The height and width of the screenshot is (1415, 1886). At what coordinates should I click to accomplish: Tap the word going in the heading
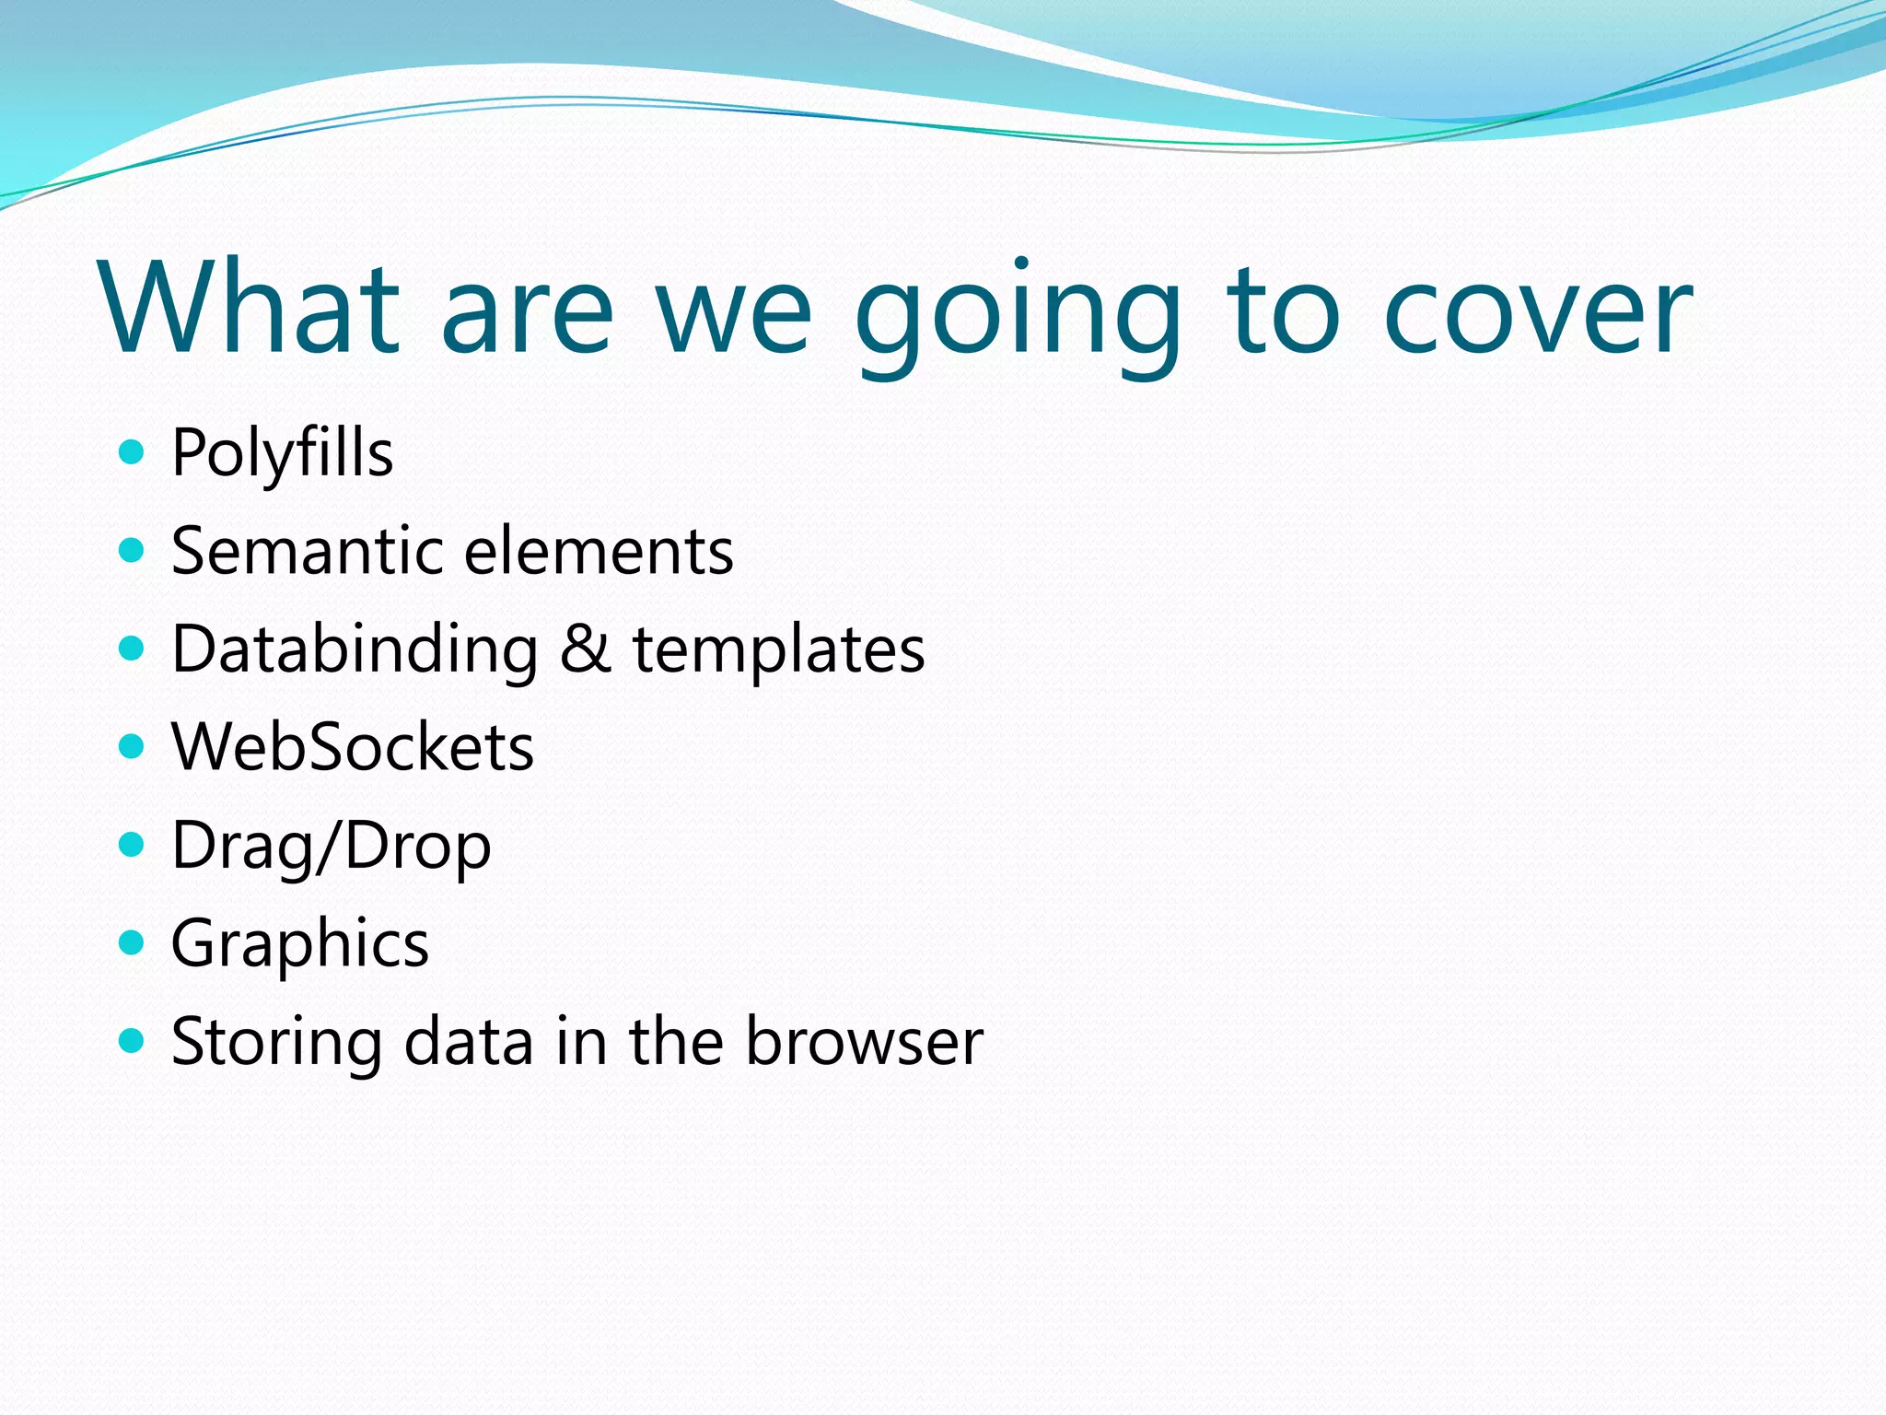click(1018, 313)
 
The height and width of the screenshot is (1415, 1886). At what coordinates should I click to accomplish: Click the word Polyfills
click(282, 454)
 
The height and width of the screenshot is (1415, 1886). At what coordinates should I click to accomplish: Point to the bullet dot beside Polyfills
click(133, 452)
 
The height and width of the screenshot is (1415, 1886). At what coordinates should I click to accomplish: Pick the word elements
click(599, 551)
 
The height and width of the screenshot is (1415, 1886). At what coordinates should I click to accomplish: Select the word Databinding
click(355, 649)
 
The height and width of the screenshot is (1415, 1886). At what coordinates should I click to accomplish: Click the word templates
click(778, 649)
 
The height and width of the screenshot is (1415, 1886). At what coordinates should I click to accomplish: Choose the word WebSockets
click(353, 747)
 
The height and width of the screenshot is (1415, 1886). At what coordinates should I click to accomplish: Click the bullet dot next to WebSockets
click(133, 745)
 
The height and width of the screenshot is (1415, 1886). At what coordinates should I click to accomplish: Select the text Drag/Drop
click(332, 847)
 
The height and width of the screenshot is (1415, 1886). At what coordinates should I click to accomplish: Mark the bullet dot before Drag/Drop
click(133, 844)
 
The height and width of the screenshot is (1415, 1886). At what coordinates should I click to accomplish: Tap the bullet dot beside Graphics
click(133, 942)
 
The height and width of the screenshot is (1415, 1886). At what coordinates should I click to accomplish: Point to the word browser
click(864, 1042)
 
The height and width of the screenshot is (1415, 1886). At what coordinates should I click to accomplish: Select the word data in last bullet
click(469, 1042)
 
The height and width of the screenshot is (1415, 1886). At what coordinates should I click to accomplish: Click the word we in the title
click(734, 313)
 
